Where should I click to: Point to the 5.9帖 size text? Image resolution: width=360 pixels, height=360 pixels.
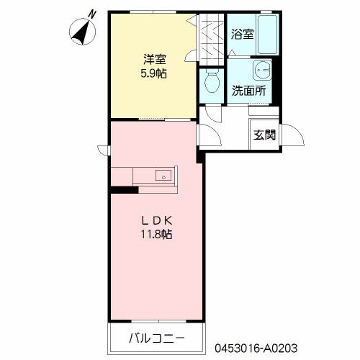153,73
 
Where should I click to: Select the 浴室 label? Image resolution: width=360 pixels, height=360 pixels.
242,33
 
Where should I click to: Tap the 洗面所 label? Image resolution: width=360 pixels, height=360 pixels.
248,91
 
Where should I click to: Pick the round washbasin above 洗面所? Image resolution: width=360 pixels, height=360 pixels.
261,70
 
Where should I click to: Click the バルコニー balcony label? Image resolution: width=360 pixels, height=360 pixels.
157,338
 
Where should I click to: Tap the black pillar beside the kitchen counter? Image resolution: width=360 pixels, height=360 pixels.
123,190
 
